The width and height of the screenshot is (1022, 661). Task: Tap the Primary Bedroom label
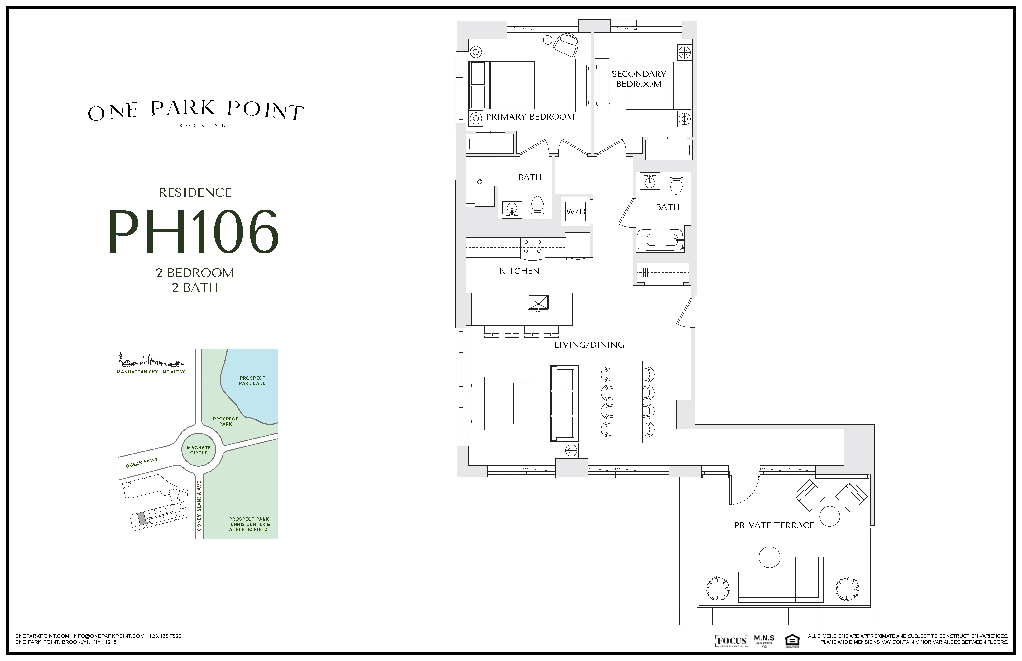coord(530,117)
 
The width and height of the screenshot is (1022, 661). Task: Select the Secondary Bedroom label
coord(638,79)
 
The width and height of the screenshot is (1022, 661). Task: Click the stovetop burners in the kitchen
coord(532,248)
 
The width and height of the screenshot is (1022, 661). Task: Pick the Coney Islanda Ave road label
coord(199,506)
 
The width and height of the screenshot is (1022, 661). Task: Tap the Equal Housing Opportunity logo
coord(791,640)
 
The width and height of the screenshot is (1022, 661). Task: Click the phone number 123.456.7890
coord(165,636)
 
